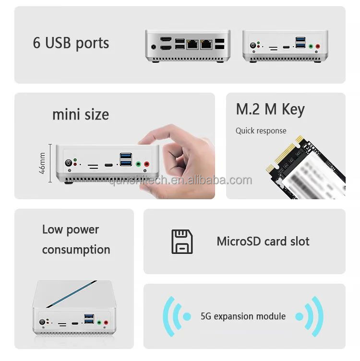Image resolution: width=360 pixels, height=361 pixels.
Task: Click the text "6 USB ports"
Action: [x=71, y=43]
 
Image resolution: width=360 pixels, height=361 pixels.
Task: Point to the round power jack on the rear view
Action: [x=154, y=47]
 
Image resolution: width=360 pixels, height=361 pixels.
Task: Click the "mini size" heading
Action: [x=81, y=115]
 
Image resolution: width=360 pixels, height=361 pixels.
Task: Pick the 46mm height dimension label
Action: [x=42, y=163]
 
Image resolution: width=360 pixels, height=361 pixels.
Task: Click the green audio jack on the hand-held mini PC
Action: [x=138, y=164]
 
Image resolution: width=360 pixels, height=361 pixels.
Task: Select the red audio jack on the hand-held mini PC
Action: [x=147, y=164]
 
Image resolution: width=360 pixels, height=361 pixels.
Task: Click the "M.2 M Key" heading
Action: [x=270, y=109]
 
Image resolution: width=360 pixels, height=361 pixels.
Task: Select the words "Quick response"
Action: [x=261, y=131]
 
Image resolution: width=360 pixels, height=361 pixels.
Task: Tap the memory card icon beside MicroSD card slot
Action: [x=182, y=241]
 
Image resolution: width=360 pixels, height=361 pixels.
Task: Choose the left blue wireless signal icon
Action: [x=175, y=316]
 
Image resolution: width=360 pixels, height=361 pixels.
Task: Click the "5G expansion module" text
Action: [x=243, y=316]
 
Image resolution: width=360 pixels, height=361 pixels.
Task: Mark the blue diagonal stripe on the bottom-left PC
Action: [x=72, y=294]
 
